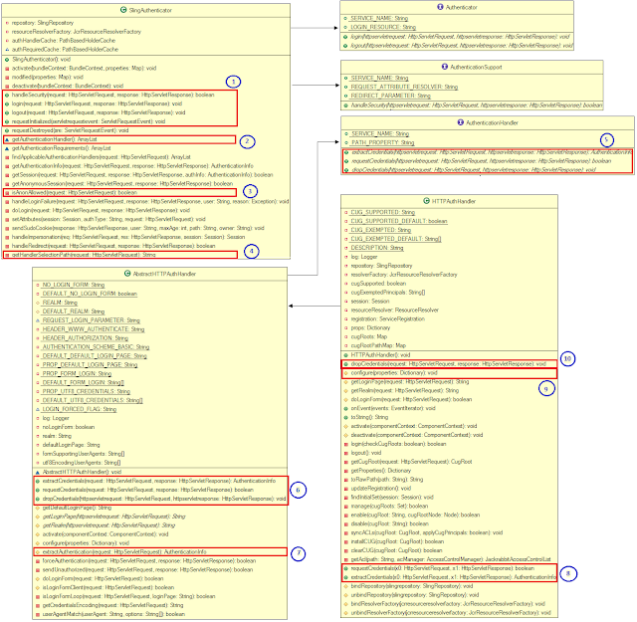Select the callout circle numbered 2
(250, 141)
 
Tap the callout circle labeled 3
(250, 190)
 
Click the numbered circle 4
(252, 252)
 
